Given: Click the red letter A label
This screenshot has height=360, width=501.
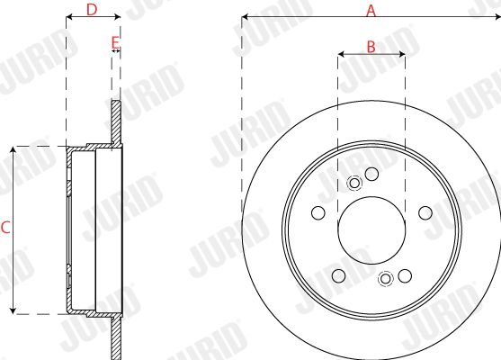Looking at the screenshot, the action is tap(371, 11).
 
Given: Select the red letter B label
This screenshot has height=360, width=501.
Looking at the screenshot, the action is tap(371, 47).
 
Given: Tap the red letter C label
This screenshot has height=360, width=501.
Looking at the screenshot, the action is tap(5, 228).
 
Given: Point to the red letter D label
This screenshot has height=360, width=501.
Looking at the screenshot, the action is tap(92, 10).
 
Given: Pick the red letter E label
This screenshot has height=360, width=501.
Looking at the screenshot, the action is tap(115, 42).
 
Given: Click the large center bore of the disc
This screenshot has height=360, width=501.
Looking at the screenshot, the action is tap(371, 230).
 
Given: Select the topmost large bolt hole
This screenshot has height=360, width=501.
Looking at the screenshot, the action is tap(371, 174).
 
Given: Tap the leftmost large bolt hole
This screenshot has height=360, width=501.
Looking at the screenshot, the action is tap(318, 212).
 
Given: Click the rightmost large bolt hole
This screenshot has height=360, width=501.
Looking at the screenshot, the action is tap(425, 212).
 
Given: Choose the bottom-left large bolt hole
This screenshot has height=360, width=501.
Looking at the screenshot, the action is tap(339, 275).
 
